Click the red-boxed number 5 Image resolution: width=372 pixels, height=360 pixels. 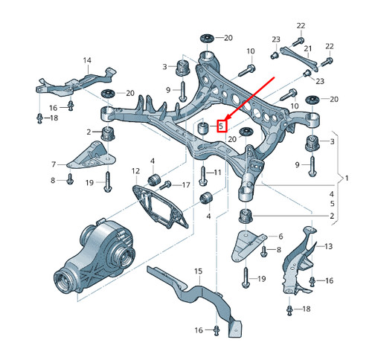click(x=221, y=126)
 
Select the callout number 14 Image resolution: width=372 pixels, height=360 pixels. click(x=87, y=60)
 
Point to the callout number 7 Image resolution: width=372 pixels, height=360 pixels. click(x=54, y=164)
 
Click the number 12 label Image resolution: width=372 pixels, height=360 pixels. click(x=136, y=172)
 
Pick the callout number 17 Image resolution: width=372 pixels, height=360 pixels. click(x=186, y=184)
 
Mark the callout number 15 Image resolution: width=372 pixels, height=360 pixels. click(x=199, y=271)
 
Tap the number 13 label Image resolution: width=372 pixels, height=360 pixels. click(x=329, y=246)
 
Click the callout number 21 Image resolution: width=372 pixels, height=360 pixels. click(x=307, y=48)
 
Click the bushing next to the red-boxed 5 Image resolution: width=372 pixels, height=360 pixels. click(x=200, y=131)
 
